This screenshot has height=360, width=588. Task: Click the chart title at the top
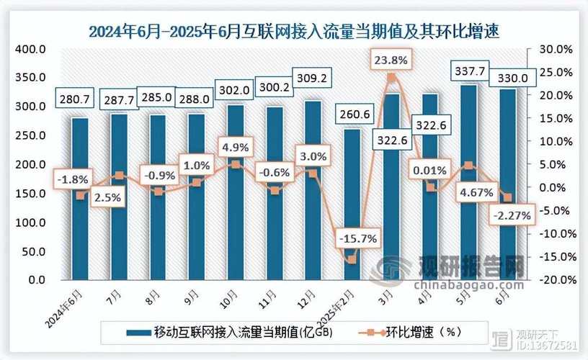(294, 31)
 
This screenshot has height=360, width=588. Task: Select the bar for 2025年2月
(351, 204)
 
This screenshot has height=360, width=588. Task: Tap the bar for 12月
(312, 189)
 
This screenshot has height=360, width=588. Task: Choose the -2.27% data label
(510, 215)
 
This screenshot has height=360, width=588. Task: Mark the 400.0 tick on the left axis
(30, 49)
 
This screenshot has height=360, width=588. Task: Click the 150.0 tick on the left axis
(30, 193)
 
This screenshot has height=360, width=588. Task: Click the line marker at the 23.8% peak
(391, 78)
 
